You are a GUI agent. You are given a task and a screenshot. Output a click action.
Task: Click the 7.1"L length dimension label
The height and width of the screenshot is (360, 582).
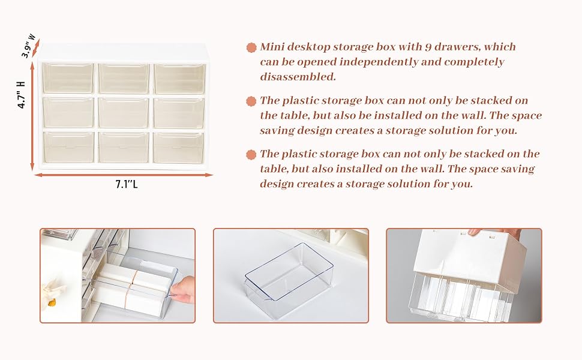coord(126,184)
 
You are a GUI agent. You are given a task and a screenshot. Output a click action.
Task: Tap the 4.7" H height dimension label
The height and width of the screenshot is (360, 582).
coord(22,95)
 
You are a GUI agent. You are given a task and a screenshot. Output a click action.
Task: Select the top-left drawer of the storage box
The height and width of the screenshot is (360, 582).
coord(68,78)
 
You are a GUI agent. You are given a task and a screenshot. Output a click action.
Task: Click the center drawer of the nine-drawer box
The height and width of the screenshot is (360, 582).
coord(124,113)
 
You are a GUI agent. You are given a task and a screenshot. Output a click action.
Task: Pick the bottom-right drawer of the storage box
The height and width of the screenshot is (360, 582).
coord(179,148)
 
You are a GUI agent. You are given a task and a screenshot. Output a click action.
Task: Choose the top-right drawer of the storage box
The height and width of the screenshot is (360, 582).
coord(179,79)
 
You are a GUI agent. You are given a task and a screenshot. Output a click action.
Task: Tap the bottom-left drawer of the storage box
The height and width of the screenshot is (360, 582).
coord(68,148)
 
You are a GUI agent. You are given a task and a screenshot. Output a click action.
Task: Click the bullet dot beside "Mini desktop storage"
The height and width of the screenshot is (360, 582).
coord(251,47)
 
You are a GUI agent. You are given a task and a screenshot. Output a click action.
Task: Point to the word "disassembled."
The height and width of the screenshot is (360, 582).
coord(298,77)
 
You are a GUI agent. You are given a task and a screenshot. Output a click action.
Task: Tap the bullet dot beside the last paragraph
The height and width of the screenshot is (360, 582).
coord(251,155)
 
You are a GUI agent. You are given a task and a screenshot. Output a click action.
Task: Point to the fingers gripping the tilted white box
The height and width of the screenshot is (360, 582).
coord(496,232)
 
